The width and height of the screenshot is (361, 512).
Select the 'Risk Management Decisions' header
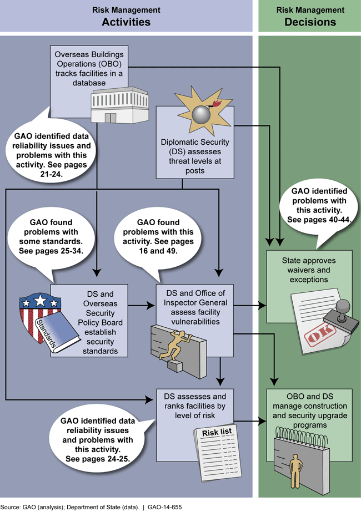310,16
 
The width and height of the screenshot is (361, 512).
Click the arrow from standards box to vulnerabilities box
142,305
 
